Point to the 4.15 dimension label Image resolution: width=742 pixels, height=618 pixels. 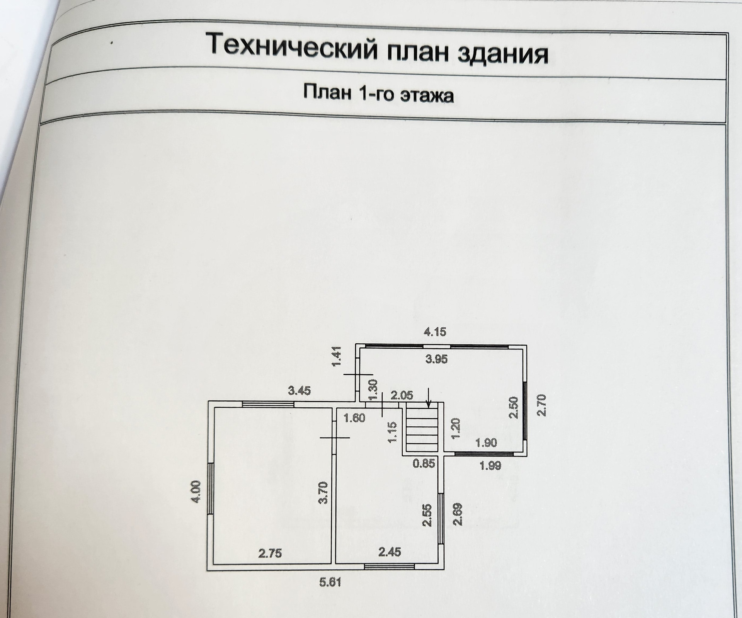coord(435,332)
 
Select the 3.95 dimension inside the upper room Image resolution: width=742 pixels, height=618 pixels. coord(436,359)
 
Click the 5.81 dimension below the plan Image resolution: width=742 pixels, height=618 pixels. coord(330,582)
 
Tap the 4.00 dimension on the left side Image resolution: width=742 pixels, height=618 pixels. coord(196,491)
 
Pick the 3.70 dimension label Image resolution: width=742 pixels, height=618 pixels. coord(324,492)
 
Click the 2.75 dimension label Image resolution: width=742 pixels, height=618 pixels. coord(270,554)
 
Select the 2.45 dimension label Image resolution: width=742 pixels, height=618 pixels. coord(390,552)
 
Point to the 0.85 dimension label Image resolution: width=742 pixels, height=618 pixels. coord(424,463)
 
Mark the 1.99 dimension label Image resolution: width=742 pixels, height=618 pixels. coord(490,465)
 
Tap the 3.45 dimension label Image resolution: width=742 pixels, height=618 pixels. coord(300,391)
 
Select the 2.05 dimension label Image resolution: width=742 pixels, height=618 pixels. coord(402,395)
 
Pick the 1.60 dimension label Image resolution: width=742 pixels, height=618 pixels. coord(354,418)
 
